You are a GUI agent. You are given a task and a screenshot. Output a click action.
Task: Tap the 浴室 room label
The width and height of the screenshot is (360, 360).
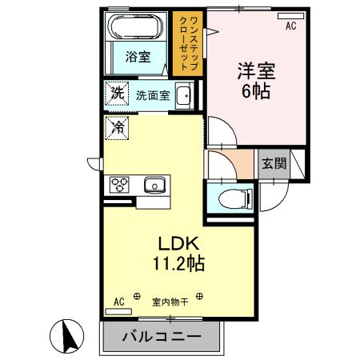pyautogui.click(x=137, y=56)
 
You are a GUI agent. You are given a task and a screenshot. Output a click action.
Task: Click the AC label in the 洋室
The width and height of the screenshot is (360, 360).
pyautogui.click(x=291, y=25)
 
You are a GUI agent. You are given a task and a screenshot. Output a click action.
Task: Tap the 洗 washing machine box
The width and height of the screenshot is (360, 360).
pyautogui.click(x=117, y=92)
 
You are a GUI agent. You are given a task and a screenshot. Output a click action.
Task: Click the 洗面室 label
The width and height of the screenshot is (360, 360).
pyautogui.click(x=151, y=94)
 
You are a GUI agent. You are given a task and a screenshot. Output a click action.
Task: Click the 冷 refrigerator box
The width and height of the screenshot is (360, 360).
pyautogui.click(x=117, y=126)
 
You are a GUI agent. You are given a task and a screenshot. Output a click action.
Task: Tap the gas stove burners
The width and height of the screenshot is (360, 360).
pyautogui.click(x=120, y=184)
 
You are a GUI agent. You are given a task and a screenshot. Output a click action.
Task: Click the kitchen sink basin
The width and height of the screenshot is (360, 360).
pyautogui.click(x=154, y=185)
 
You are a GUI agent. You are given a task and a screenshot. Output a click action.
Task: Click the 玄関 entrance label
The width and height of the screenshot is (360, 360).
pyautogui.click(x=273, y=165)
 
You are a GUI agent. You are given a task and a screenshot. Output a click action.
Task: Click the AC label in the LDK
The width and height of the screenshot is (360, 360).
pyautogui.click(x=119, y=302)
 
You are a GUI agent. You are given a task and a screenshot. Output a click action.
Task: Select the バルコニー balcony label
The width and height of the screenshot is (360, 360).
pyautogui.click(x=161, y=338)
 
